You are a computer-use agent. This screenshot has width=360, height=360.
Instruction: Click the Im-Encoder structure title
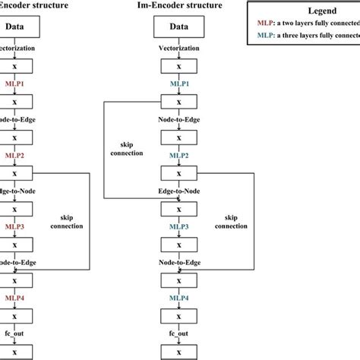tap(179, 6)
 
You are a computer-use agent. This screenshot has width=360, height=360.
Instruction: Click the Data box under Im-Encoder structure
tap(179, 27)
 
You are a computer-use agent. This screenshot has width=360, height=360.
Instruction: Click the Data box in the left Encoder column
tap(16, 27)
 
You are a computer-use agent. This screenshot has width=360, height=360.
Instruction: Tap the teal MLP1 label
tap(179, 84)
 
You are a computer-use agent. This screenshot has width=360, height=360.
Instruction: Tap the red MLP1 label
tap(16, 84)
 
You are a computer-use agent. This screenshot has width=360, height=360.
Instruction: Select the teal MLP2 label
tap(179, 156)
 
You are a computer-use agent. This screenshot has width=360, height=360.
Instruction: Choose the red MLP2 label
tap(16, 156)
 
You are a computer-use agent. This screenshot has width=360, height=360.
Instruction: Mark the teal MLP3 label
tap(179, 227)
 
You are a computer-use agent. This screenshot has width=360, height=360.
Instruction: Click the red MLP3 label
tap(16, 227)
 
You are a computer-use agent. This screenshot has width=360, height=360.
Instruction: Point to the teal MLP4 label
tap(179, 298)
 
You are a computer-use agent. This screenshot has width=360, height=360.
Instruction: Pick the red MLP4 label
tap(16, 298)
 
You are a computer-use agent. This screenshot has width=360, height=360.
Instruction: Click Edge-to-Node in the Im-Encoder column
tap(179, 191)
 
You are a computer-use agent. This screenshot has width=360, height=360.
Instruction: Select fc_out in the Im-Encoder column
tap(179, 334)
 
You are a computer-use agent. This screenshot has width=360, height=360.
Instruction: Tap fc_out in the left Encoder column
tap(16, 334)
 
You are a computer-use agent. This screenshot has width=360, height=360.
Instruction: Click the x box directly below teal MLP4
tap(179, 317)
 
